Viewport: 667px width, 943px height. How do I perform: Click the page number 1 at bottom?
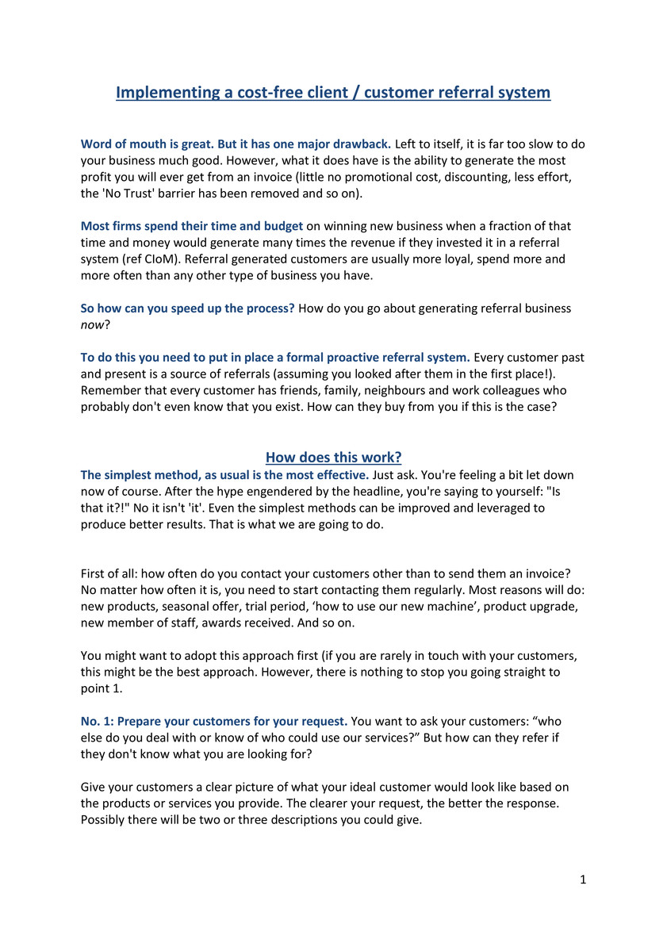(x=583, y=880)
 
